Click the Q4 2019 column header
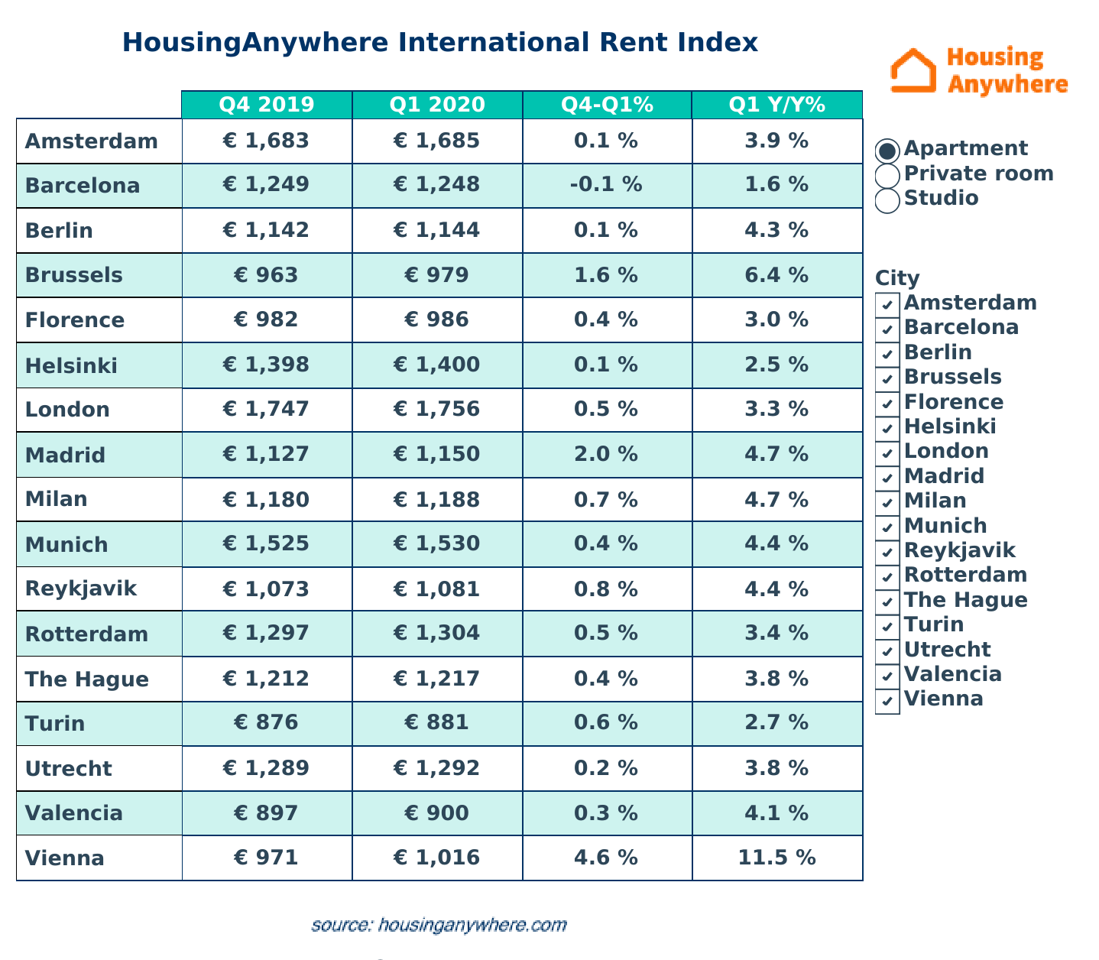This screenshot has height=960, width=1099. [x=266, y=105]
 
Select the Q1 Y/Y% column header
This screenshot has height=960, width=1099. [x=776, y=105]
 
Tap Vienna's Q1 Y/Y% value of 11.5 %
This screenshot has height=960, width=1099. [x=776, y=858]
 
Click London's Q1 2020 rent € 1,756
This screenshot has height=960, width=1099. [x=436, y=409]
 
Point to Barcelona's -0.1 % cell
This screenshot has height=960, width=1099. [x=606, y=185]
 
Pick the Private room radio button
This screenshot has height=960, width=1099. [x=887, y=175]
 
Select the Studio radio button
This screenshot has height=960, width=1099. [x=887, y=200]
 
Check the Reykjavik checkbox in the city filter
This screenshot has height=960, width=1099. [x=887, y=552]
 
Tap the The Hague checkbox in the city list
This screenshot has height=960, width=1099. [x=887, y=602]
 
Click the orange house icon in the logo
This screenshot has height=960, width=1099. [x=913, y=71]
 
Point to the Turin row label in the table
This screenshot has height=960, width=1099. [x=55, y=723]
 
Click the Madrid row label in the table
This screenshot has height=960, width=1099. [x=65, y=456]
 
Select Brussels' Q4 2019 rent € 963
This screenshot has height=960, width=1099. [x=266, y=274]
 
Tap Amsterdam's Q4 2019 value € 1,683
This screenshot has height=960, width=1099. [x=266, y=141]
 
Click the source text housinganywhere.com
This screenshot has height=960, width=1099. [x=439, y=925]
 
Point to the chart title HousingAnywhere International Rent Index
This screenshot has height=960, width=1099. [x=440, y=42]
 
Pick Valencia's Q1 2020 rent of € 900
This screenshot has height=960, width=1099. [x=436, y=812]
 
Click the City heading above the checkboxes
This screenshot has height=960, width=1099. [x=897, y=278]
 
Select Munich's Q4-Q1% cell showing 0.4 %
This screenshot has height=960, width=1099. [x=606, y=544]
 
